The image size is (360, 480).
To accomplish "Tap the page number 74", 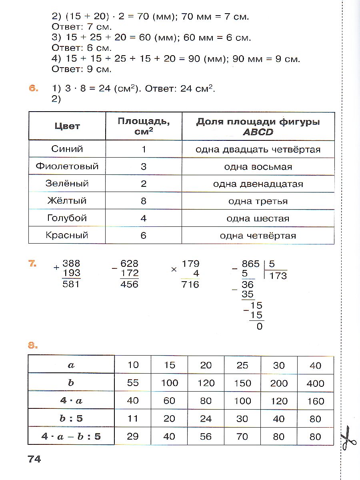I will tap(34, 459).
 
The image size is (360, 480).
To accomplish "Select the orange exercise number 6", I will tap(33, 88).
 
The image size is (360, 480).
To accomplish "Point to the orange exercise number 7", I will tap(33, 263).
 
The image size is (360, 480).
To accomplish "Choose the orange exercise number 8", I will tap(33, 345).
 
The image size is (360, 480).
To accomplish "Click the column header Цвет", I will tap(67, 126).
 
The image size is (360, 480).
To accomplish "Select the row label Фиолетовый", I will tap(67, 166).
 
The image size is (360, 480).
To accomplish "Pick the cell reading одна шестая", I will tap(258, 218).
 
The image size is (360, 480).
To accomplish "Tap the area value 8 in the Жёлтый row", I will tap(144, 201).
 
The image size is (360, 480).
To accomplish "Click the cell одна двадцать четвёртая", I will tap(258, 150).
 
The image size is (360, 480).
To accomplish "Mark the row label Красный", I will tap(67, 235).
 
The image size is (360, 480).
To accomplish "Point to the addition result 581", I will tap(72, 284).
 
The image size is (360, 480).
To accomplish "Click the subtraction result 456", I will tap(129, 284).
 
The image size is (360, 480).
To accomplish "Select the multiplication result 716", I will tap(190, 284).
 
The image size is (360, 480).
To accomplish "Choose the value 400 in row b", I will tap(315, 383).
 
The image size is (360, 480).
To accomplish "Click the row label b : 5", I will tap(71, 418).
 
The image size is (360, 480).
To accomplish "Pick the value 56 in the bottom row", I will tap(206, 436).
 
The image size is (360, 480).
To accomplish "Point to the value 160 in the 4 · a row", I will tap(315, 401).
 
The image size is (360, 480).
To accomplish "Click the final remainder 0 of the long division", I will tap(259, 326).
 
